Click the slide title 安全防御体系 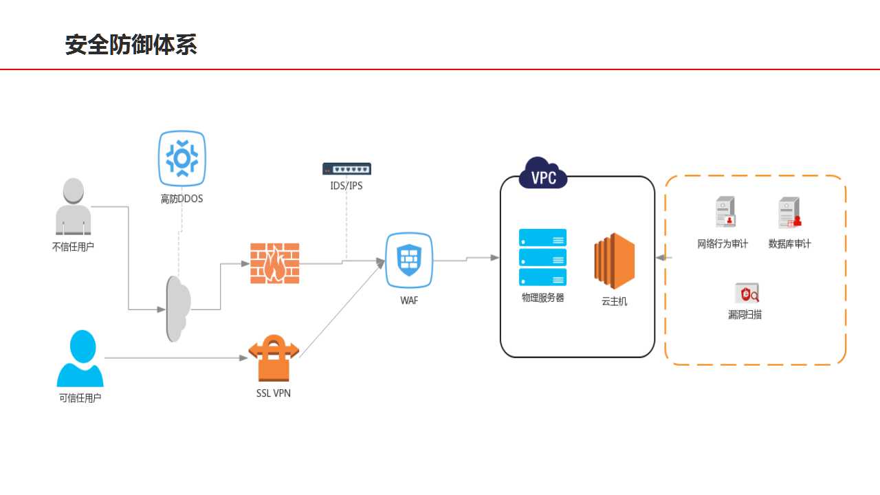click(131, 45)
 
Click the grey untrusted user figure click(74, 206)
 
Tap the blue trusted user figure click(80, 358)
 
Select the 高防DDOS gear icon click(182, 158)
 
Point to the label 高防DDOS click(182, 199)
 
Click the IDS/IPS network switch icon click(346, 168)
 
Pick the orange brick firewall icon click(275, 263)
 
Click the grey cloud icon click(178, 309)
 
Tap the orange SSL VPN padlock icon click(274, 358)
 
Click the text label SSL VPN click(274, 393)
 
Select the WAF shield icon click(409, 260)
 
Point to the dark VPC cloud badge click(543, 174)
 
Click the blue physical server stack click(542, 257)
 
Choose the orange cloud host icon click(615, 261)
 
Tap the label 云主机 click(615, 301)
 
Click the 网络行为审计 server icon click(725, 212)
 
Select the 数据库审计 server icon click(790, 212)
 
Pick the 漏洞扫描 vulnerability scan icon click(747, 293)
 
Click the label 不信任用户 click(73, 247)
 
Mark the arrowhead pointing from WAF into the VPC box click(495, 258)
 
